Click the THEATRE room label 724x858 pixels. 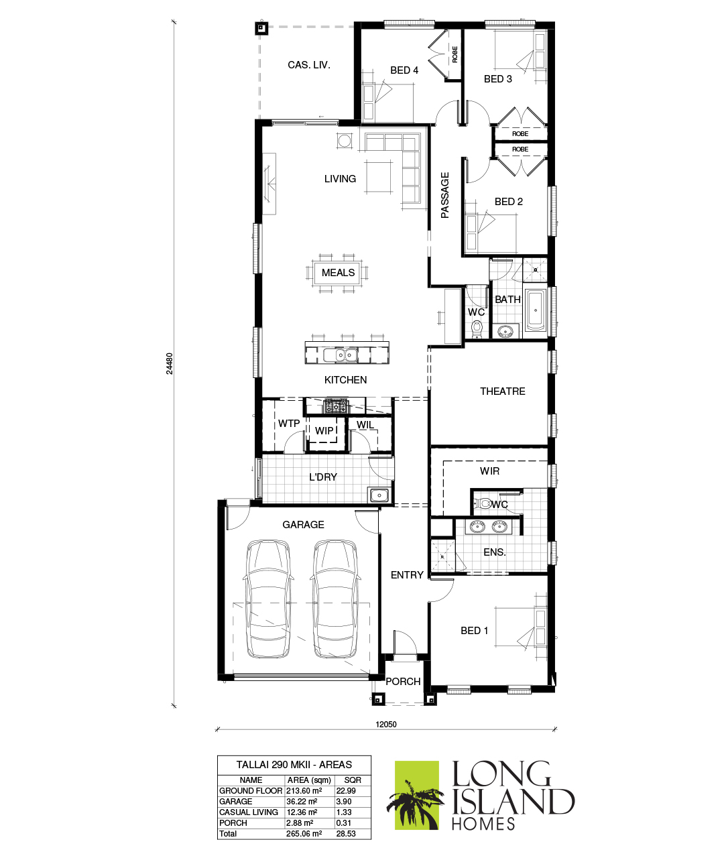pos(502,391)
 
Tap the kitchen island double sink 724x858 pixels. pos(341,355)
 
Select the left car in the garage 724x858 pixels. pos(268,599)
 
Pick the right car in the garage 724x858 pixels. pos(335,599)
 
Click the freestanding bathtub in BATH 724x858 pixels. pos(536,310)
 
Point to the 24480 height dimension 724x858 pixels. pos(170,364)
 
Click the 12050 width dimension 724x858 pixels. pos(386,724)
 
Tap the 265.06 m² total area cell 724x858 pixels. pos(304,833)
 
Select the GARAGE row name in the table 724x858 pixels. pos(236,801)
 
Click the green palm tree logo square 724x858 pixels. pos(417,795)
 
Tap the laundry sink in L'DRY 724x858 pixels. pos(379,495)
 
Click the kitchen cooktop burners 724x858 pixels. pos(336,406)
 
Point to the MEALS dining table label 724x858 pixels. pos(338,272)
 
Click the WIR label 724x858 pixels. pos(489,471)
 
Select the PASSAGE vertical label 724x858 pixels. pos(444,195)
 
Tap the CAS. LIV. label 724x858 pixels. pos(308,65)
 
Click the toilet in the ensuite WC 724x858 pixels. pos(483,503)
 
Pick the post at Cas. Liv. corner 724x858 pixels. pos(261,28)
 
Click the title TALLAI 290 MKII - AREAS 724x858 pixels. pos(294,765)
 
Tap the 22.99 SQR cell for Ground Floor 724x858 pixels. pos(346,790)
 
